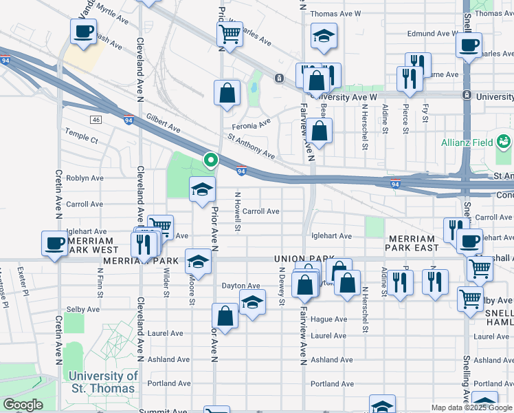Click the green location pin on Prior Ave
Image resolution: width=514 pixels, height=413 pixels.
tap(211, 160)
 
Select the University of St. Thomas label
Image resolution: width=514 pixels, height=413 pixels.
tap(102, 382)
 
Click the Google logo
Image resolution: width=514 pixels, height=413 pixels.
tap(23, 405)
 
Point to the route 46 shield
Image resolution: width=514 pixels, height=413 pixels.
tap(95, 120)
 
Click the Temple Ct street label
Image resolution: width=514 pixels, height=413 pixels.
tap(82, 139)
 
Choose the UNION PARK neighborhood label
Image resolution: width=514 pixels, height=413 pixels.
tap(298, 258)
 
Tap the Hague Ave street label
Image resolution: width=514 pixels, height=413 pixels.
tap(328, 319)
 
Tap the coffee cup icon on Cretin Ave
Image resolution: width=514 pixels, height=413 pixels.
tap(54, 242)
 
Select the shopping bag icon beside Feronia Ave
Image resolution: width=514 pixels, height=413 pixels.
tap(226, 92)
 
